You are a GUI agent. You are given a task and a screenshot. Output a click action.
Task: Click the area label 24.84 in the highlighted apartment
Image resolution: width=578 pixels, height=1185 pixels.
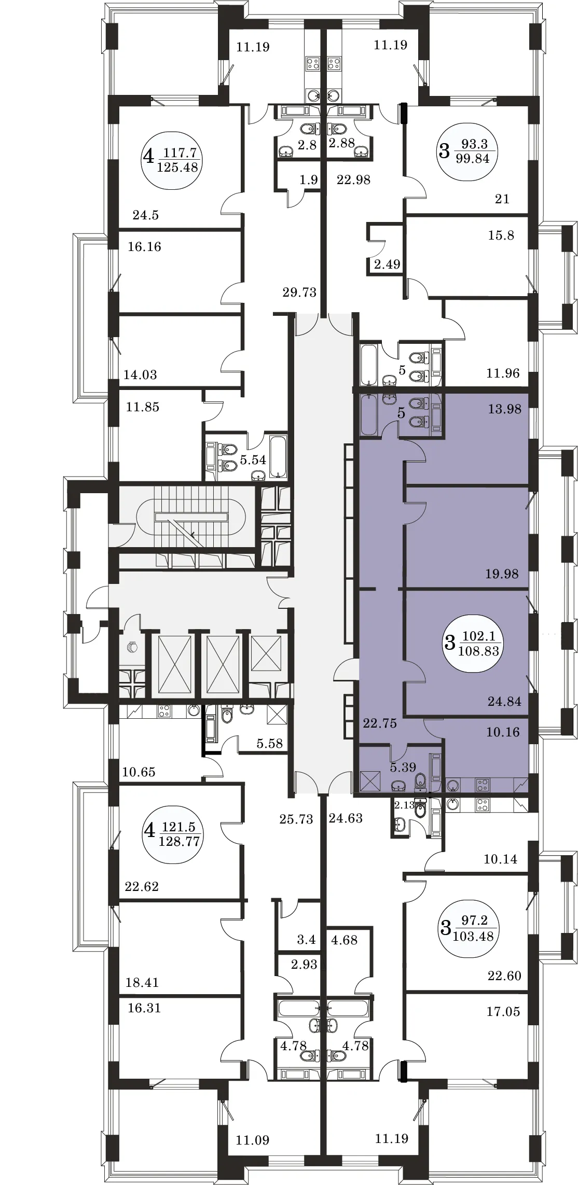[504, 702]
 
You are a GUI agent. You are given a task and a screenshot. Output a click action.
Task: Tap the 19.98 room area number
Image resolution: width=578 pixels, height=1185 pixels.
[502, 574]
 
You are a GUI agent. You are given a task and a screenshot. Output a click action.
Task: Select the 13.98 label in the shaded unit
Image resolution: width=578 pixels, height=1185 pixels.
[504, 409]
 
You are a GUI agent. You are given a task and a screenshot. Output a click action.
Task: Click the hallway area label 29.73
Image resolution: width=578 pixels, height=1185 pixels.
[299, 292]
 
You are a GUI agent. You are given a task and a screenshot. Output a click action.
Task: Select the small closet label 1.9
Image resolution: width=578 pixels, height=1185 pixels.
[309, 180]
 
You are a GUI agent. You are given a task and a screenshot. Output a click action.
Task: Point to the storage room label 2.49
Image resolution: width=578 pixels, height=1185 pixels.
[387, 264]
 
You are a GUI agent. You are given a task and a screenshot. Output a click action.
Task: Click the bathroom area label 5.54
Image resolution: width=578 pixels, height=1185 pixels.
[253, 459]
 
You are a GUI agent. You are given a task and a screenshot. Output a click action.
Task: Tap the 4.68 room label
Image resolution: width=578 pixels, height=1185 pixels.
[344, 940]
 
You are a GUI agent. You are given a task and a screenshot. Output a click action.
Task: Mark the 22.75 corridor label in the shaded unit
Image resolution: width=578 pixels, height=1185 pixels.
[380, 723]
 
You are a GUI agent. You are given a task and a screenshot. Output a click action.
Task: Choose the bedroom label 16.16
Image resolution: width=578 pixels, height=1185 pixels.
[144, 247]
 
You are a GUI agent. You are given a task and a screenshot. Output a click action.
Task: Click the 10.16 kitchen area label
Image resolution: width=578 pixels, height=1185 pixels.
[503, 732]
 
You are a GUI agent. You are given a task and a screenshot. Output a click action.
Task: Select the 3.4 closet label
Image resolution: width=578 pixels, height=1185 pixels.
[306, 939]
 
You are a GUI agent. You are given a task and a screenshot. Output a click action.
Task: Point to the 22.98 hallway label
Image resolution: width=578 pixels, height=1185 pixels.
[353, 180]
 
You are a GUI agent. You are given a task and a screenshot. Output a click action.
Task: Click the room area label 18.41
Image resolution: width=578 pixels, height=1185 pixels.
[142, 983]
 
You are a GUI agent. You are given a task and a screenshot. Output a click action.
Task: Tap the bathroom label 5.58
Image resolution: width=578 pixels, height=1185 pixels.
[270, 744]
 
